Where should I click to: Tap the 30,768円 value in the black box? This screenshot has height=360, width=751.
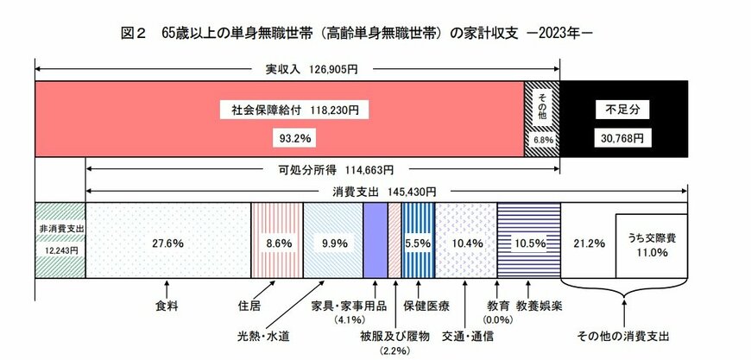click(623, 137)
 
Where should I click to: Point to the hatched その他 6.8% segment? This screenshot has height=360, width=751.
click(542, 118)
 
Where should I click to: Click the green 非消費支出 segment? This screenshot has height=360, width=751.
click(60, 239)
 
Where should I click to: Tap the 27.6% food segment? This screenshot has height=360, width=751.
click(167, 243)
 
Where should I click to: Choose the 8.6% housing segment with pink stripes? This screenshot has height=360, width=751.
click(276, 243)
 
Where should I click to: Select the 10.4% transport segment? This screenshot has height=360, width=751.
click(466, 243)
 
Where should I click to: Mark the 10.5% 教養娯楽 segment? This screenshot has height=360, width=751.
click(528, 243)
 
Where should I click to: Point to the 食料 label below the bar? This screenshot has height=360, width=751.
click(166, 306)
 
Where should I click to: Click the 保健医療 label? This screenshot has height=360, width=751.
click(426, 306)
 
